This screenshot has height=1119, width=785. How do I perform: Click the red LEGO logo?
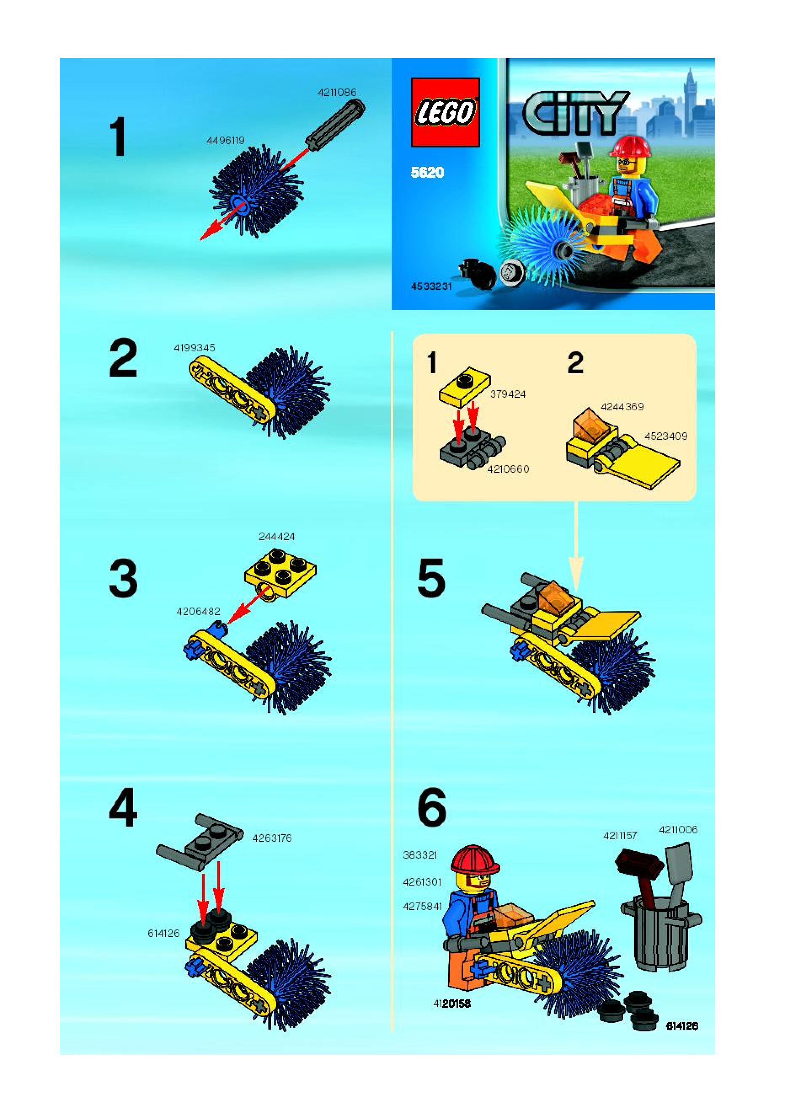point(446,112)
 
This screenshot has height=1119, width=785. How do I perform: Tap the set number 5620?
point(427,173)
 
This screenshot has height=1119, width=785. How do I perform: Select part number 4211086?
point(337,92)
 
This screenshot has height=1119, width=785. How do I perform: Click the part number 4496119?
point(225,140)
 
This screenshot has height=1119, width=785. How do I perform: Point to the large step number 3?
point(123,579)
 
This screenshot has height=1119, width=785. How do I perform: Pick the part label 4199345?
point(195,348)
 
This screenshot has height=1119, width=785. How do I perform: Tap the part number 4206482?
point(198,611)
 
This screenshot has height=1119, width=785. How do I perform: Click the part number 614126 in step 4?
point(164,933)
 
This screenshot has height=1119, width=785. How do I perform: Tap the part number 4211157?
point(620,836)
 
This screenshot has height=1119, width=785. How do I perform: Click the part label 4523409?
point(666,436)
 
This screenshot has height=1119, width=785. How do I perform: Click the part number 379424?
point(508,394)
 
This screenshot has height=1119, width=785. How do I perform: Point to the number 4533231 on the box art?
point(431,286)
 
